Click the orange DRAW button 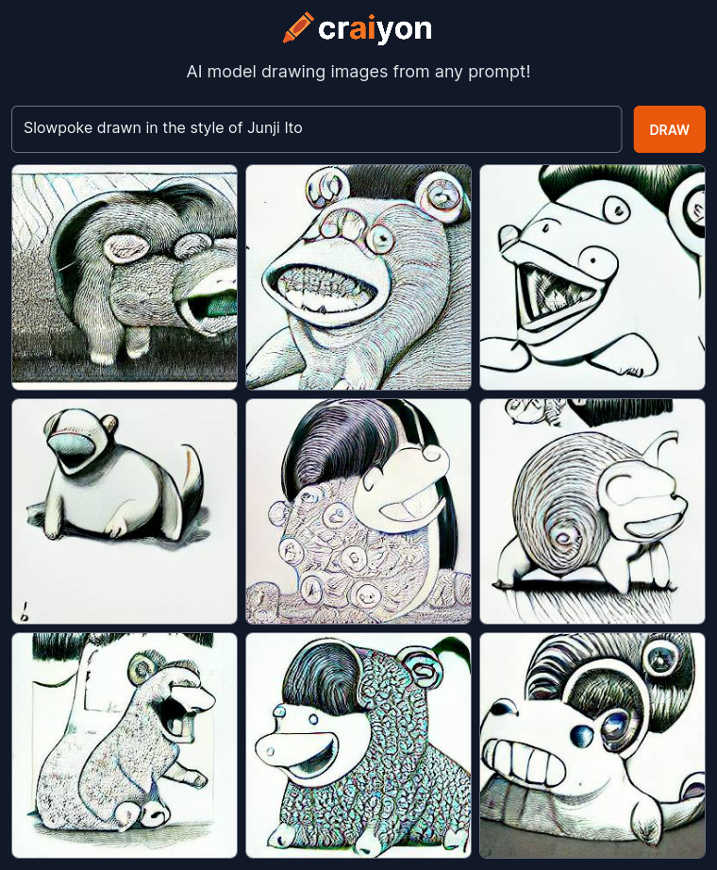click(x=669, y=129)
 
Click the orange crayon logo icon click(x=298, y=27)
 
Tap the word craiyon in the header click(x=375, y=29)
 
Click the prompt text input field click(x=316, y=129)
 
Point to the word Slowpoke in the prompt click(x=58, y=128)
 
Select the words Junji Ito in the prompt click(x=275, y=128)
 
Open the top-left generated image click(x=125, y=277)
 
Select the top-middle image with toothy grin click(x=358, y=277)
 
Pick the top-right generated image click(x=592, y=277)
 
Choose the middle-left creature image click(x=125, y=511)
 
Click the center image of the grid click(x=358, y=511)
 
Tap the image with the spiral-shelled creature click(x=592, y=511)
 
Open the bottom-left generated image click(x=125, y=745)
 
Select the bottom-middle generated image click(x=358, y=745)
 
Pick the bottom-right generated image click(x=592, y=745)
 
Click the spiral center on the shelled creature click(x=563, y=537)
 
